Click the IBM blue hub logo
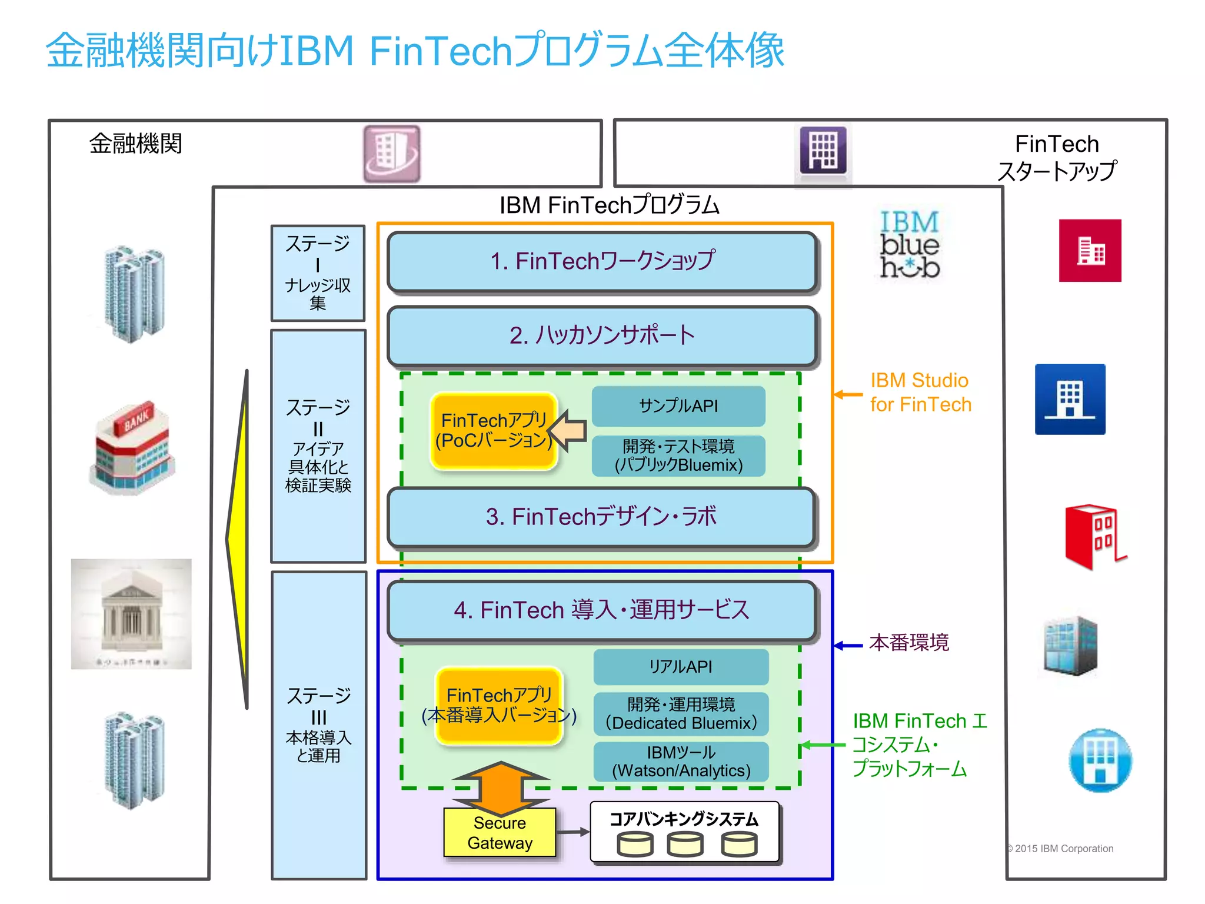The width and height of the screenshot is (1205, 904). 909,244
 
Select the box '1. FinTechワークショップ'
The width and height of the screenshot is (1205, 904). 602,261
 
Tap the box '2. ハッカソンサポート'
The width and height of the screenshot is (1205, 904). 602,335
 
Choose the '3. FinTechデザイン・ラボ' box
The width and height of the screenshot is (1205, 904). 601,517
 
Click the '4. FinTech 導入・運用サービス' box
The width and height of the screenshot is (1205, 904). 601,610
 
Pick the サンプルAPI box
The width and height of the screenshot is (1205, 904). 678,406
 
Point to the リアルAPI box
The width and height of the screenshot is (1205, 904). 681,667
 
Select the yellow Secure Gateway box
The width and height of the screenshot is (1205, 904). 500,833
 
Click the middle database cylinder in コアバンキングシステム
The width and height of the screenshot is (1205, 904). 685,845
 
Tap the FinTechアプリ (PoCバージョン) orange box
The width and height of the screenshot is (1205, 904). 494,431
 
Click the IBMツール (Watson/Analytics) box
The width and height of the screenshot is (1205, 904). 681,762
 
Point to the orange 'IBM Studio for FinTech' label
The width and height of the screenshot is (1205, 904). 920,393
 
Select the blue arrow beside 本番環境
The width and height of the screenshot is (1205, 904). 848,646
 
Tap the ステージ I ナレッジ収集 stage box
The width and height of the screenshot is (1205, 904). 318,272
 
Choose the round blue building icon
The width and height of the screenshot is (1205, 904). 1100,760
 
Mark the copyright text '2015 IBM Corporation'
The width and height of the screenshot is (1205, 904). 1063,849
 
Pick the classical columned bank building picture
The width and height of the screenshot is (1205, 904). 131,614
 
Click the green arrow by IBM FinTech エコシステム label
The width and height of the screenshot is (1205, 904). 823,745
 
